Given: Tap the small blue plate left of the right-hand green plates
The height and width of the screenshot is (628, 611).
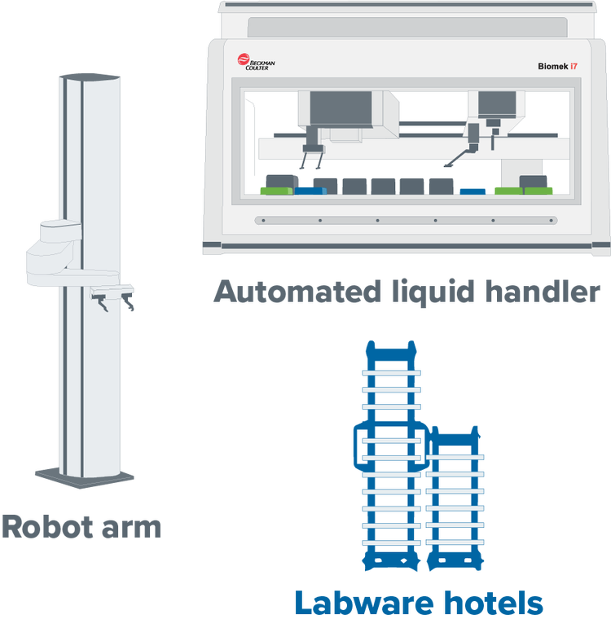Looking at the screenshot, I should pos(472,192).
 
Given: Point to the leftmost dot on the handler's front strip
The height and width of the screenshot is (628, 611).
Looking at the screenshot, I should pos(261,220).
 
